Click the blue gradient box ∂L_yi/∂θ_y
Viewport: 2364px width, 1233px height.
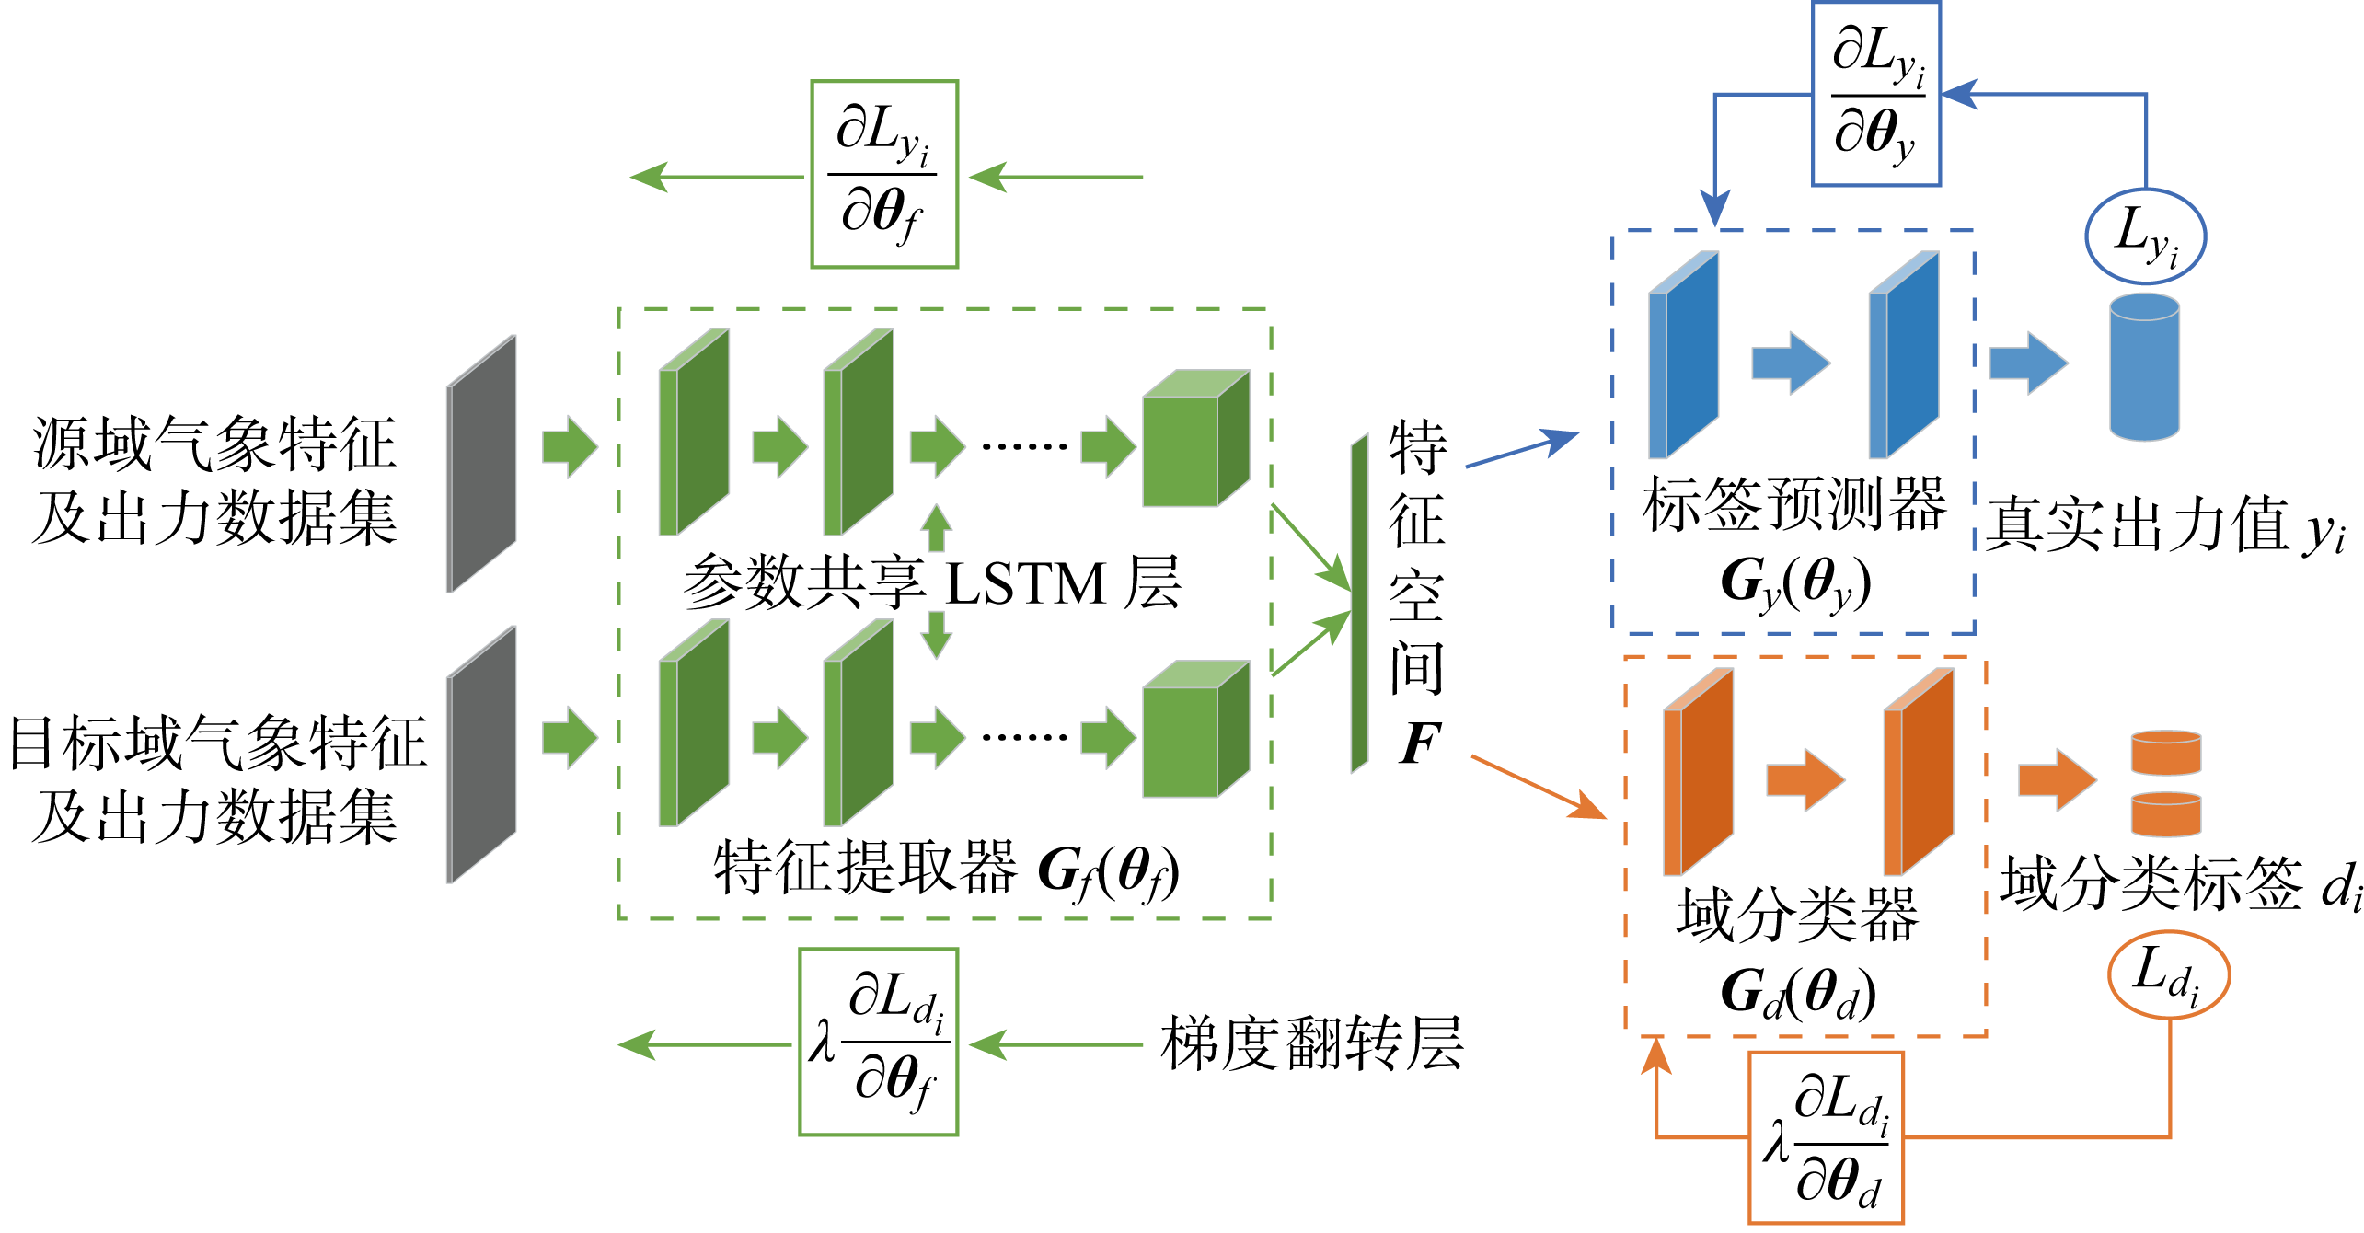(x=1875, y=94)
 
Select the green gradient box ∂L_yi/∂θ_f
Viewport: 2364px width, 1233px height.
(x=883, y=175)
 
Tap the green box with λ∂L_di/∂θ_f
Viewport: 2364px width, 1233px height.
(x=878, y=1042)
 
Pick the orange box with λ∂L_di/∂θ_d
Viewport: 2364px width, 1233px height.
(x=1826, y=1138)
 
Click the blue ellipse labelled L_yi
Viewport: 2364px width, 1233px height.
(x=2144, y=236)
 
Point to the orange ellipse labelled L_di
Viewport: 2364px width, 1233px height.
(x=2168, y=975)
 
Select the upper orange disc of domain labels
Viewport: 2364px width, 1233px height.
(x=2166, y=753)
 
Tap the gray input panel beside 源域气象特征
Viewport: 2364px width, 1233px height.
(x=481, y=464)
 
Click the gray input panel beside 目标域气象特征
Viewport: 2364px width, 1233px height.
(x=481, y=755)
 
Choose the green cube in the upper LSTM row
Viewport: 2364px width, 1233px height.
(x=1194, y=439)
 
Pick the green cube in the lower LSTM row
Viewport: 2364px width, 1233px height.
(x=1194, y=729)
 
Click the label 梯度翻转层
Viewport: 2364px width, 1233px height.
(x=1311, y=1043)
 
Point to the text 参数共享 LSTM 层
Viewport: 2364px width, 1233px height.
(x=931, y=582)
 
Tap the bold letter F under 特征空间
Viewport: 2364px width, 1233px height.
(x=1418, y=743)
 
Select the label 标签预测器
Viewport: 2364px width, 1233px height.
(x=1794, y=504)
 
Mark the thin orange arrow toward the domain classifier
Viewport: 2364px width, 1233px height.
(x=1538, y=787)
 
